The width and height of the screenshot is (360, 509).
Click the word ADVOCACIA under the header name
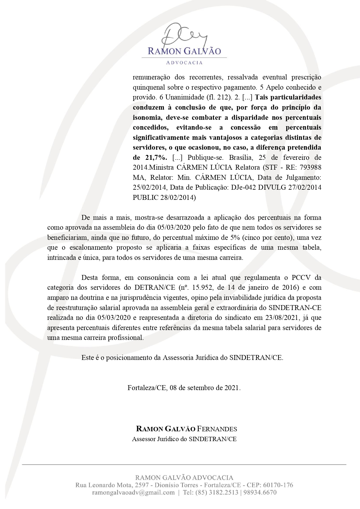click(x=184, y=63)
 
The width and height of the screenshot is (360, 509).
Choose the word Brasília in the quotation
click(x=241, y=157)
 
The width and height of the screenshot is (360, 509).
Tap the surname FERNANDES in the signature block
click(x=217, y=429)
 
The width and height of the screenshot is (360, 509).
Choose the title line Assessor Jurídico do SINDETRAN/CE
click(x=184, y=439)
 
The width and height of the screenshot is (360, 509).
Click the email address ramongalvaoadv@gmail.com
click(x=133, y=492)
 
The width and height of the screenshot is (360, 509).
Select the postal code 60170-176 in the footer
click(x=278, y=485)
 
